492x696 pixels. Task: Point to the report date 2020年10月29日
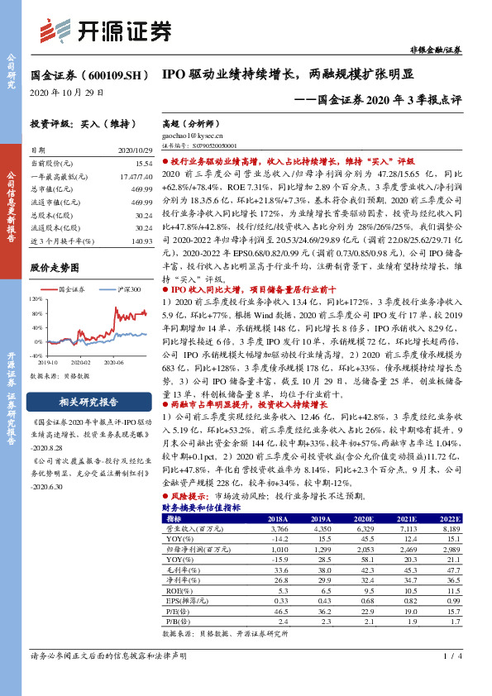[67, 92]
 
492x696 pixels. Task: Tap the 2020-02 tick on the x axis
[79, 361]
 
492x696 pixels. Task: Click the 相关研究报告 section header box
[89, 403]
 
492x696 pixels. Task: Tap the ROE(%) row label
[176, 591]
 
